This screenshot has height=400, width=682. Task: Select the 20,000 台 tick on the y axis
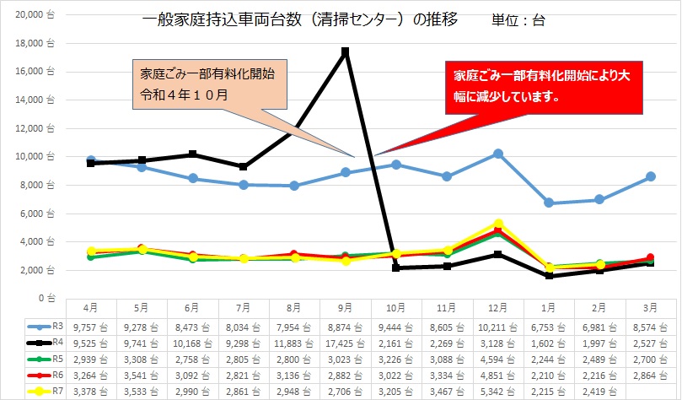34,14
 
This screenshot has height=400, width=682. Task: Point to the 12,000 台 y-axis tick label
34,127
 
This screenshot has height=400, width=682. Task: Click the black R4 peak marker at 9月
346,52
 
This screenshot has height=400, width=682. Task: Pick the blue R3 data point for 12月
498,154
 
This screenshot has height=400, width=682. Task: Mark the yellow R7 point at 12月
498,223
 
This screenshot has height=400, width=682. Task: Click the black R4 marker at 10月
396,268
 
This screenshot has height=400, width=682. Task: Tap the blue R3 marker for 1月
549,203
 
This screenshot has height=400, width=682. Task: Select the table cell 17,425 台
346,341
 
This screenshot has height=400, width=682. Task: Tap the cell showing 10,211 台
498,324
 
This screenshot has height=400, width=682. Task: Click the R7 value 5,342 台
498,392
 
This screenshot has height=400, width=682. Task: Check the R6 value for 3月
650,375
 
